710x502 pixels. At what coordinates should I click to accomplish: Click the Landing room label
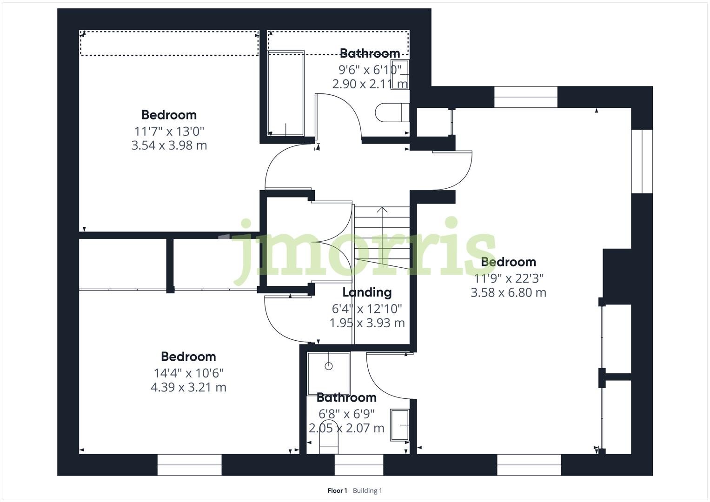[x=367, y=292]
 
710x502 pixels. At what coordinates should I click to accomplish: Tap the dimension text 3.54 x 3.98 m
[x=169, y=145]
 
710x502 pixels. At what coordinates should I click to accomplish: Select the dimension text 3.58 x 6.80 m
[x=508, y=293]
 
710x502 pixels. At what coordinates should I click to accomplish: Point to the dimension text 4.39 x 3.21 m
[x=188, y=387]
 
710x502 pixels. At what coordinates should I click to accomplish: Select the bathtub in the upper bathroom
[x=285, y=93]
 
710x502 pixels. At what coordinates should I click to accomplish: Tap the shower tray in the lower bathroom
[x=328, y=374]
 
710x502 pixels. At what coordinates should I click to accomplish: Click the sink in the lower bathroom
[x=399, y=425]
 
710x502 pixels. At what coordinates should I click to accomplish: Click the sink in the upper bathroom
[x=399, y=74]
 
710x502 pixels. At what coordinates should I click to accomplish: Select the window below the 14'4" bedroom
[x=189, y=465]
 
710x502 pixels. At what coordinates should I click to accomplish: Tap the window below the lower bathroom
[x=358, y=465]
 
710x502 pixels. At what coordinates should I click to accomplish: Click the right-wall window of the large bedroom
[x=642, y=161]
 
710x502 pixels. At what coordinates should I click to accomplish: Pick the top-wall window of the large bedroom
[x=525, y=97]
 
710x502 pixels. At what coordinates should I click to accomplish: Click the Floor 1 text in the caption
[x=337, y=491]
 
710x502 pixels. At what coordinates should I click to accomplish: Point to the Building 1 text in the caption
[x=367, y=491]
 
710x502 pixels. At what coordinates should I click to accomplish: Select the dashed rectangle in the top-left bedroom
[x=169, y=43]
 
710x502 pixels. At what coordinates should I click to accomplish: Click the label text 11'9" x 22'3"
[x=508, y=278]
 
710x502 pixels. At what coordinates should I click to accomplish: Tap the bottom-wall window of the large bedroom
[x=529, y=465]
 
